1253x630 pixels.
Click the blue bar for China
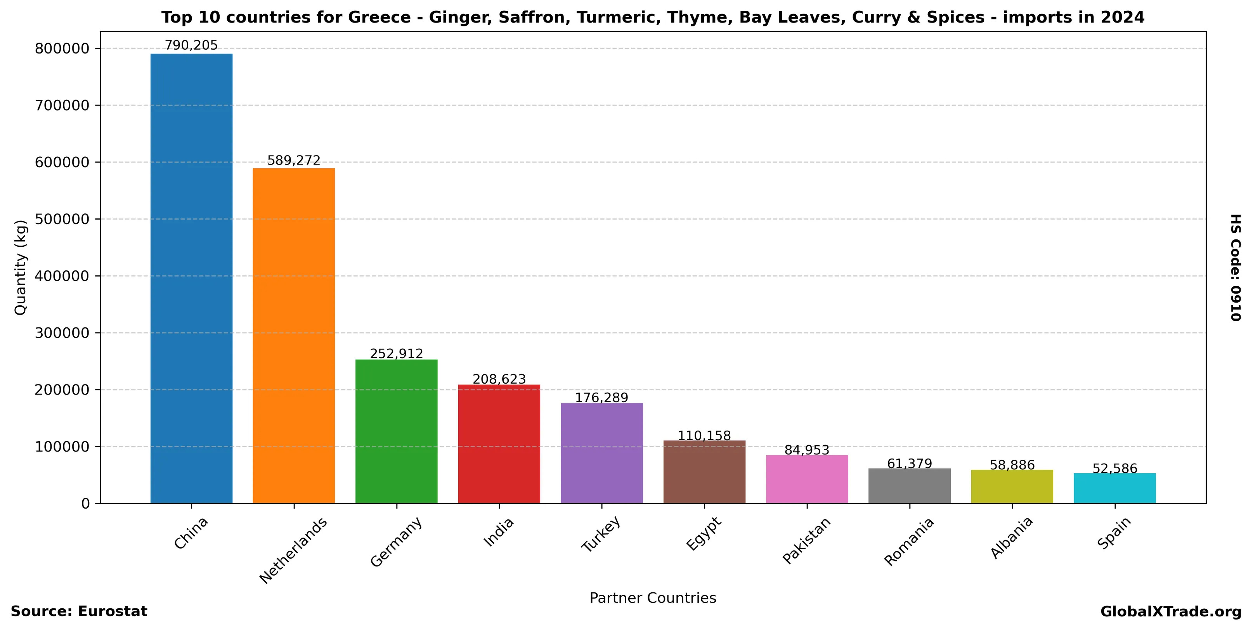pyautogui.click(x=191, y=278)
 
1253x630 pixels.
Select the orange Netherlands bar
pyautogui.click(x=294, y=336)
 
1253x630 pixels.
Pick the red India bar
pyautogui.click(x=499, y=444)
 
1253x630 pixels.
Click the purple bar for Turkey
pyautogui.click(x=602, y=453)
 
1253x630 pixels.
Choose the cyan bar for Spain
pyautogui.click(x=1115, y=488)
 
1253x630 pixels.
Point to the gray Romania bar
pyautogui.click(x=910, y=486)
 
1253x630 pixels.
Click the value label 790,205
pyautogui.click(x=191, y=46)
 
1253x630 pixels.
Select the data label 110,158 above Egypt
pyautogui.click(x=704, y=436)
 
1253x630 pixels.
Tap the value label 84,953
pyautogui.click(x=807, y=450)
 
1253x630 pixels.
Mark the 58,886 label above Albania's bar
pyautogui.click(x=1012, y=465)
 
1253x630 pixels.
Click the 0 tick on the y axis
pyautogui.click(x=86, y=504)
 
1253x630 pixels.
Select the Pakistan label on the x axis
pyautogui.click(x=806, y=540)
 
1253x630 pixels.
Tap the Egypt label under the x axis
pyautogui.click(x=704, y=534)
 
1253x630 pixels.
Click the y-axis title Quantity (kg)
pyautogui.click(x=21, y=268)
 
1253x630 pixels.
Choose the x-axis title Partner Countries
pyautogui.click(x=653, y=598)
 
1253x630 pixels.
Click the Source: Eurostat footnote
pyautogui.click(x=79, y=611)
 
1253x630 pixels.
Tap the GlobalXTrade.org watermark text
pyautogui.click(x=1171, y=611)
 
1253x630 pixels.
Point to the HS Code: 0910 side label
pyautogui.click(x=1236, y=268)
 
